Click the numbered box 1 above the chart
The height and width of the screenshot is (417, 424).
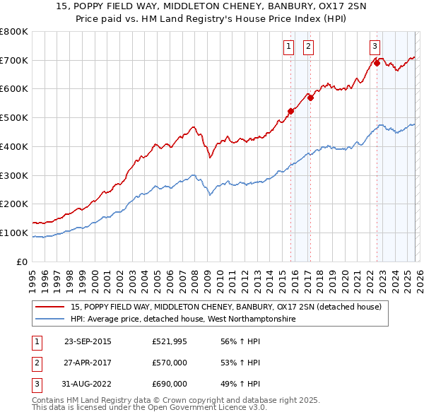click(x=289, y=47)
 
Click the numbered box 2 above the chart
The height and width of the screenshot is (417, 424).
click(x=309, y=47)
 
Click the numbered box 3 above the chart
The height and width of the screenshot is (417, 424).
click(x=373, y=47)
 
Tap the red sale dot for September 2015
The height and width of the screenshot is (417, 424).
click(x=290, y=110)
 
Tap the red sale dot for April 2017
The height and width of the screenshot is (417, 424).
click(x=310, y=98)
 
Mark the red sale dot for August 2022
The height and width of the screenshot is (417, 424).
click(x=377, y=63)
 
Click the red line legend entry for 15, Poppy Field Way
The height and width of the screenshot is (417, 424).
click(x=226, y=307)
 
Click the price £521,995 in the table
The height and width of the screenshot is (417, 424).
click(x=170, y=341)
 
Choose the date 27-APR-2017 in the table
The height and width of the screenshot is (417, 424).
click(x=88, y=363)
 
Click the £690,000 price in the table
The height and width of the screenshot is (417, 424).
click(x=170, y=384)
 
